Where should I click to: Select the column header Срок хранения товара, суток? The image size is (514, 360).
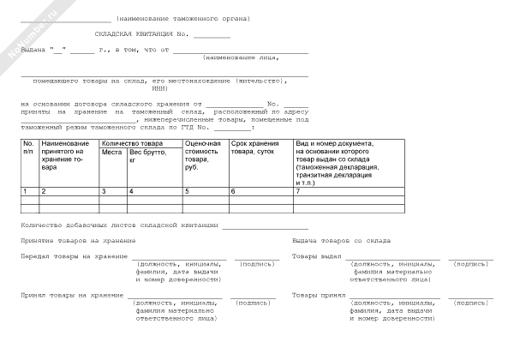[254, 147]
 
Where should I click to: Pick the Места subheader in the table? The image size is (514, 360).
[111, 152]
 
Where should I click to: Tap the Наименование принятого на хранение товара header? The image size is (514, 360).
[65, 154]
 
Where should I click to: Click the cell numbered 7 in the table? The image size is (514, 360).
[298, 189]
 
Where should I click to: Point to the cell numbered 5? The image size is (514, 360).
[187, 189]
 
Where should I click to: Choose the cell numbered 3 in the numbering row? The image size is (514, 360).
[104, 189]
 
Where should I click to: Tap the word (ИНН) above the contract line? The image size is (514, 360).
[159, 87]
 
